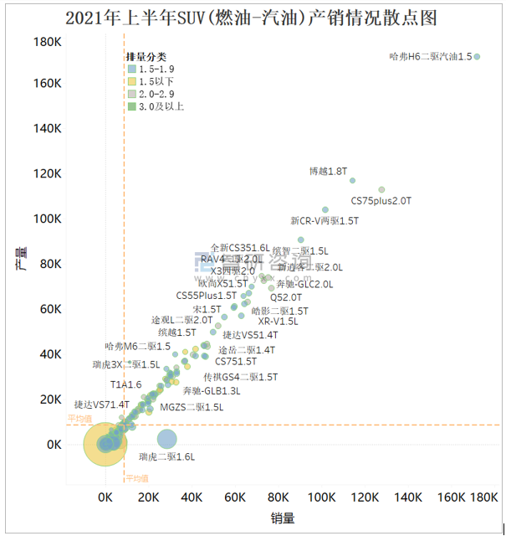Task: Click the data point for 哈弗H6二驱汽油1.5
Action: (x=477, y=57)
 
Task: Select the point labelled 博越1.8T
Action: (x=352, y=180)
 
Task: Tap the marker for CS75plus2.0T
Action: (x=381, y=190)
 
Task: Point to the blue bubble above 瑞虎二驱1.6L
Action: (x=167, y=438)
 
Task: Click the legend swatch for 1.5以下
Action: (x=131, y=81)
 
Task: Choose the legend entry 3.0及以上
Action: (x=131, y=106)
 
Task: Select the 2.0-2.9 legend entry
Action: (x=131, y=94)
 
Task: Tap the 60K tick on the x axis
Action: (x=236, y=497)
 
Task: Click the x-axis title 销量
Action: (x=283, y=518)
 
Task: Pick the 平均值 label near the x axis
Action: (x=137, y=478)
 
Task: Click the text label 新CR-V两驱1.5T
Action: (x=324, y=221)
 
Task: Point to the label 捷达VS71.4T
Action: (x=101, y=405)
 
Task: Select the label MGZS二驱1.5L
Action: (x=192, y=408)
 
